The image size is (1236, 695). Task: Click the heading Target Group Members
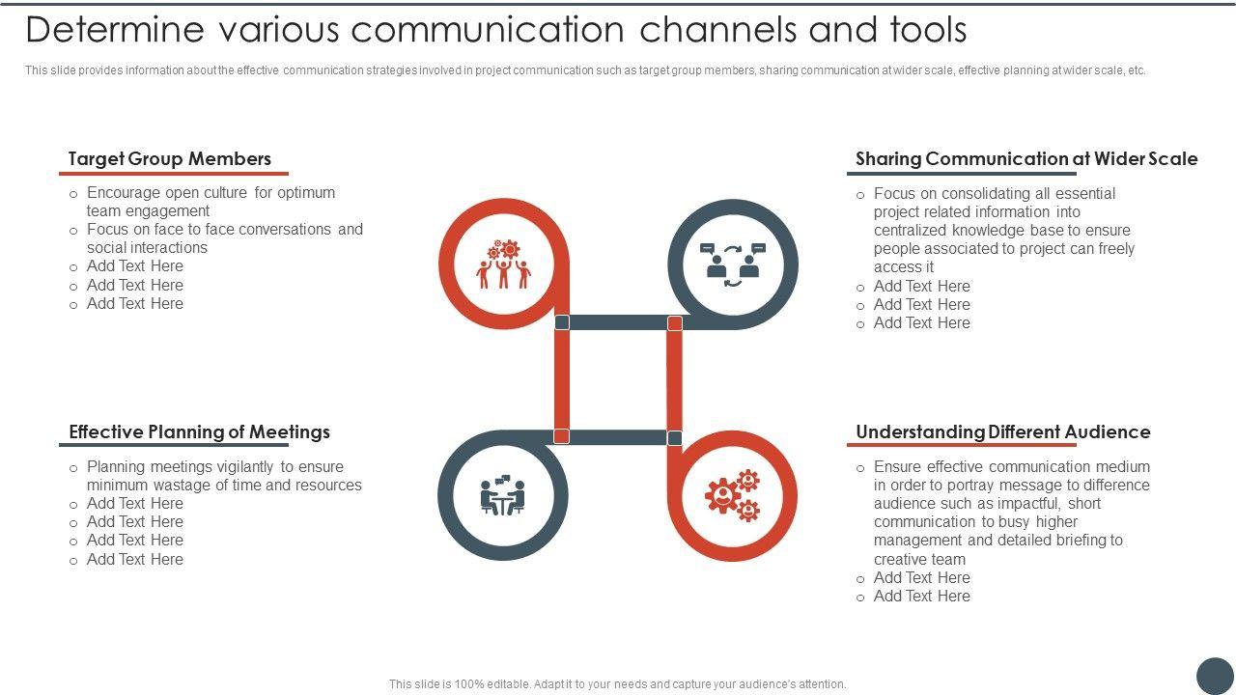coord(170,159)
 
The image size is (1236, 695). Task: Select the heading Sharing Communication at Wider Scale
coord(1025,159)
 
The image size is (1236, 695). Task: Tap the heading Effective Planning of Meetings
coord(199,432)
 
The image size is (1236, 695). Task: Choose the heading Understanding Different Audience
coord(1002,432)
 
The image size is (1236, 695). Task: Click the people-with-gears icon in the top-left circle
coord(503,264)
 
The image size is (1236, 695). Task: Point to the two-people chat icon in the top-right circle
coord(733,264)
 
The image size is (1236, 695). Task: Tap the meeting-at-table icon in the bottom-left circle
coord(502,495)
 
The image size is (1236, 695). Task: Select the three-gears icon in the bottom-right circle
coord(733,495)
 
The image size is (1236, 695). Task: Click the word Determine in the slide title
coord(115,31)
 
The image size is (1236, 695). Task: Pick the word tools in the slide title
coord(922,31)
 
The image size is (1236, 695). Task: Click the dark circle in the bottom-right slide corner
coord(1215,676)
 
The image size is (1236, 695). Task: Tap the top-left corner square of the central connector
coord(562,322)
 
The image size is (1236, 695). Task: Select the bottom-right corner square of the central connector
coord(675,437)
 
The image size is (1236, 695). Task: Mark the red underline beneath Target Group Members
coord(174,174)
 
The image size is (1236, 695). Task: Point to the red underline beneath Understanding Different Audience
coord(961,446)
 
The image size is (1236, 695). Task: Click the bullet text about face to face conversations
coord(224,238)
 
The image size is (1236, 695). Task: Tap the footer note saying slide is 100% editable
coord(617,684)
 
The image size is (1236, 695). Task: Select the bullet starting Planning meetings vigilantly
coord(224,476)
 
